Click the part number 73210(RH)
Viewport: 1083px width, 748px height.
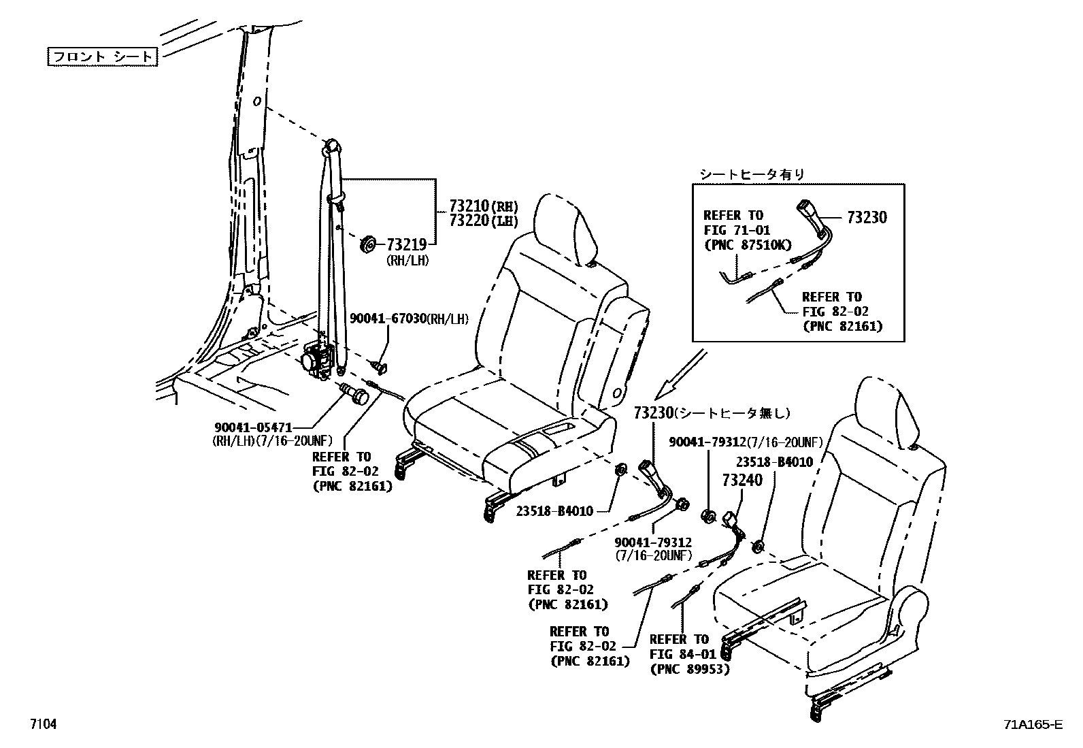click(483, 206)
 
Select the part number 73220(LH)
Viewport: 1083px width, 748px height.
click(483, 221)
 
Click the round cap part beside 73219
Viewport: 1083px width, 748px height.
click(369, 243)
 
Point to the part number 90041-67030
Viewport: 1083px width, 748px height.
click(388, 319)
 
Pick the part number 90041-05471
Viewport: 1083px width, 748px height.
click(253, 427)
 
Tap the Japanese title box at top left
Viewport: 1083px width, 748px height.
click(102, 56)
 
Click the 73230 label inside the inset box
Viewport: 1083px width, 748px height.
click(867, 218)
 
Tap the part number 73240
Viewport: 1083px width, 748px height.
click(742, 481)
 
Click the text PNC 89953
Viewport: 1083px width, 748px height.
click(689, 669)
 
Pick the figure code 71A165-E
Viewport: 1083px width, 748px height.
click(1031, 724)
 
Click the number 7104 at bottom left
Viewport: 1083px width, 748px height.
click(42, 724)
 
